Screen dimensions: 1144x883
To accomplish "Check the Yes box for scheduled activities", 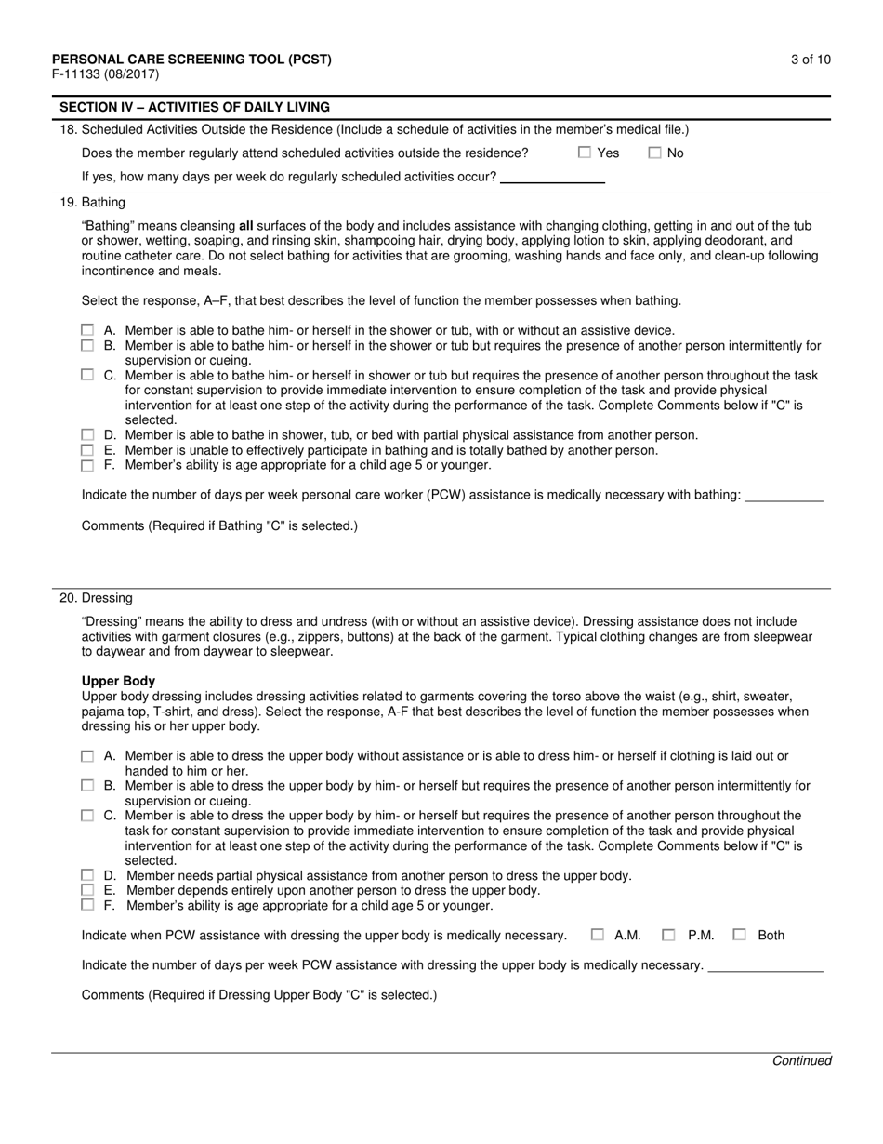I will [x=585, y=153].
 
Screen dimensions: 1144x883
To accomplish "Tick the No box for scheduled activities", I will [x=654, y=153].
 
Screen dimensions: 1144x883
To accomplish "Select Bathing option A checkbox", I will [x=87, y=330].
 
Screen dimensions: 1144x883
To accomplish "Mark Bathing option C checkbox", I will [x=87, y=375].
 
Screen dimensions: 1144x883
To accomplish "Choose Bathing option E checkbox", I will [x=87, y=450].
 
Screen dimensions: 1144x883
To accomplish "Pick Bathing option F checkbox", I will [x=87, y=465].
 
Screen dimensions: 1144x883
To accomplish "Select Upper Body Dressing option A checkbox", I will [x=87, y=756].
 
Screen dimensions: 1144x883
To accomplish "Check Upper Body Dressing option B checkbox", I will [x=87, y=786].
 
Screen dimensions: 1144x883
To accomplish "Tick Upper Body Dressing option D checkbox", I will [x=87, y=875].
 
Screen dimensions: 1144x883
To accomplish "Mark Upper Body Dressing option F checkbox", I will [x=87, y=905].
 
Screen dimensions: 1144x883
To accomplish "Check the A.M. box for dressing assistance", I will [x=598, y=935].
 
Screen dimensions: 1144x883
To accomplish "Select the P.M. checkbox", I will [x=668, y=935].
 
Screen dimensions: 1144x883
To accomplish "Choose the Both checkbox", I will [x=739, y=935].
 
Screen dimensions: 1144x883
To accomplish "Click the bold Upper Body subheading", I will [x=118, y=681].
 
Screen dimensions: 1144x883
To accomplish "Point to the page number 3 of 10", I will [x=811, y=60].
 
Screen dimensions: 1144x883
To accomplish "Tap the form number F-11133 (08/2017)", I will [x=105, y=74].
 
